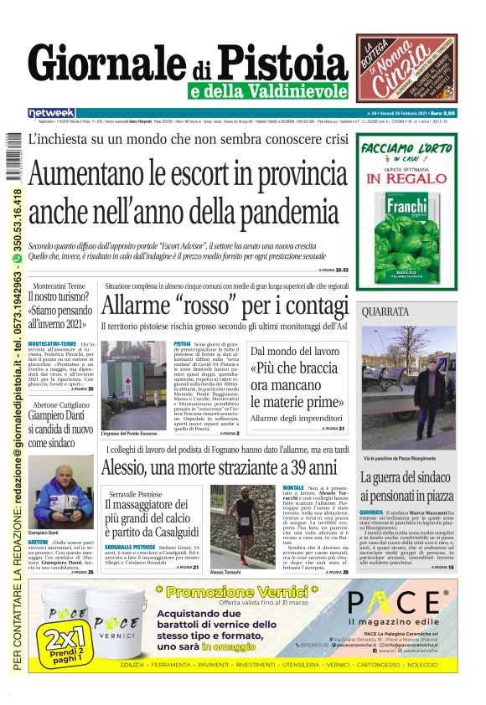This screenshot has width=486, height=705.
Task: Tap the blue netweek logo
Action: [51, 112]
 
